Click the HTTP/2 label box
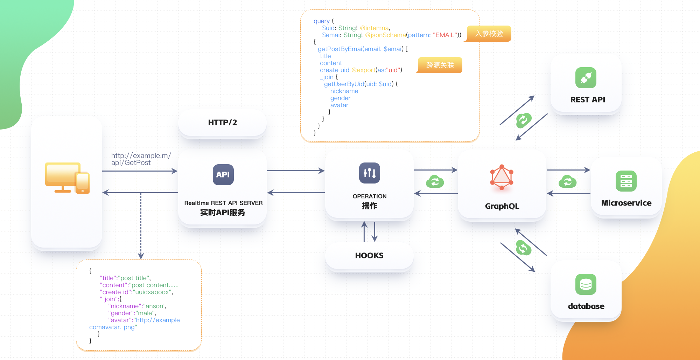click(x=223, y=123)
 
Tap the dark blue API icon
click(x=223, y=174)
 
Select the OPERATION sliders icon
click(x=369, y=173)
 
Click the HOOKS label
click(x=369, y=256)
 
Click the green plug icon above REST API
click(x=586, y=78)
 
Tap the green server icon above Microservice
click(x=626, y=181)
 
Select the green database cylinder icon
click(x=586, y=284)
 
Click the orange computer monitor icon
click(x=67, y=178)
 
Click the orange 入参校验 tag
click(x=489, y=34)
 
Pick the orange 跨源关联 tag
click(x=440, y=65)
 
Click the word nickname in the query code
click(x=344, y=91)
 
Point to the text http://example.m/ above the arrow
click(x=141, y=155)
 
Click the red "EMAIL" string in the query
click(x=445, y=35)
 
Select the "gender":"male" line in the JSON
click(x=132, y=313)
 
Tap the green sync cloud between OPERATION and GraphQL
click(x=435, y=181)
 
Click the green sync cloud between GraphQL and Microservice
click(x=567, y=181)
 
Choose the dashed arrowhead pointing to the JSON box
click(x=141, y=256)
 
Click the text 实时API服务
click(x=223, y=213)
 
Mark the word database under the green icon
click(x=586, y=306)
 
